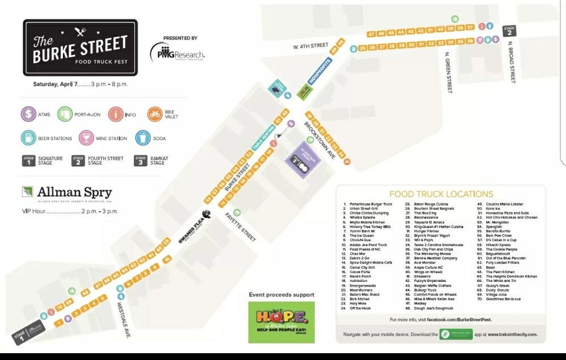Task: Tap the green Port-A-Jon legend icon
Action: [x=66, y=114]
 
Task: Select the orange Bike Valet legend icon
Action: [x=155, y=114]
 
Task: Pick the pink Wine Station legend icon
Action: [x=87, y=138]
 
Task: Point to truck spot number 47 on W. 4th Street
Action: [x=372, y=34]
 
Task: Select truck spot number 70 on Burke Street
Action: [x=59, y=308]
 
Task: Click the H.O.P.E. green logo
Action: [x=281, y=322]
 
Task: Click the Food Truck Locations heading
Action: [x=441, y=194]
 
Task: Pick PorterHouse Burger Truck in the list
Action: [x=370, y=204]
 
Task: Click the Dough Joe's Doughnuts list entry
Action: [x=434, y=308]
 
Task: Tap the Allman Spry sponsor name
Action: [x=74, y=192]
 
